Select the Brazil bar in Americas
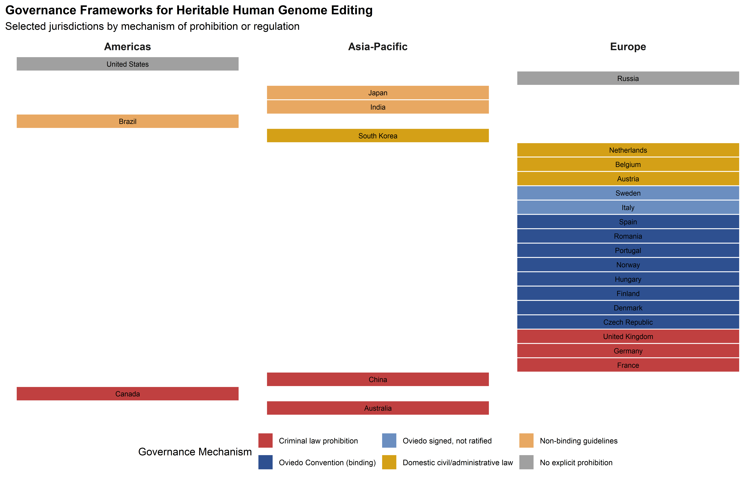(127, 121)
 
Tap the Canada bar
(127, 394)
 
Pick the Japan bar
(378, 93)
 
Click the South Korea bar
(378, 136)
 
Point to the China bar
(378, 379)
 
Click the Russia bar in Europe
(628, 78)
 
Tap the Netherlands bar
(628, 150)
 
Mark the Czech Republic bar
(628, 322)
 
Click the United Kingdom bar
(628, 336)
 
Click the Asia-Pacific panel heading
(378, 47)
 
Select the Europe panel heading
(628, 47)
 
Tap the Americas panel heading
(127, 47)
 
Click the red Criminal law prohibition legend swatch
(265, 440)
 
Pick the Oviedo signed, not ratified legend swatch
(389, 440)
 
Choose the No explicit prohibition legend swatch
(526, 462)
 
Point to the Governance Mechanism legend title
(195, 452)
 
